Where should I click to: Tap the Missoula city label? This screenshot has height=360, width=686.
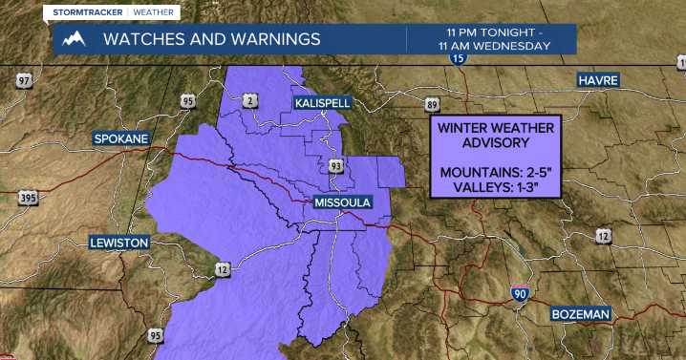click(342, 203)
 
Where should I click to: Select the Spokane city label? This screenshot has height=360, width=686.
click(121, 138)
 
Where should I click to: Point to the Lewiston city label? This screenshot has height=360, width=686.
click(119, 243)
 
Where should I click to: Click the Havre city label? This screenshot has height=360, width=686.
click(598, 80)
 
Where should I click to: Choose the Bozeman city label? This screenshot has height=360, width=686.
click(580, 314)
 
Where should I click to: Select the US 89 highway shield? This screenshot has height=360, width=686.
click(432, 104)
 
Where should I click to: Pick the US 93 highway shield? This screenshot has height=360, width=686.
click(336, 167)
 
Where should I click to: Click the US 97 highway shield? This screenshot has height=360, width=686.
click(23, 80)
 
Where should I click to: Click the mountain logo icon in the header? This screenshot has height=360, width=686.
click(74, 39)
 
